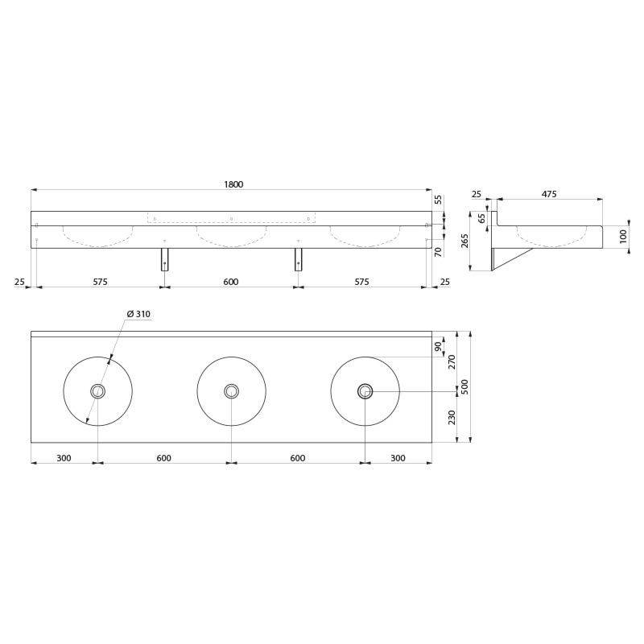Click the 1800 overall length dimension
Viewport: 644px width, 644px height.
click(x=233, y=184)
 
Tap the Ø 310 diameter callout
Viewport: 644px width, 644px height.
click(x=138, y=314)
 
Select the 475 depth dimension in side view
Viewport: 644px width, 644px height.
click(x=549, y=194)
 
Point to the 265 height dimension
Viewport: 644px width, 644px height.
click(x=464, y=241)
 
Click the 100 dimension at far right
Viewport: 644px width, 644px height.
click(x=623, y=237)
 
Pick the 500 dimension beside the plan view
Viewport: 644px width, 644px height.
click(x=464, y=386)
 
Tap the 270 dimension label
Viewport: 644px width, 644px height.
click(x=452, y=362)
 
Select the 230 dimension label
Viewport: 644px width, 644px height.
click(x=452, y=417)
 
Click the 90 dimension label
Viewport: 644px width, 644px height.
click(x=438, y=347)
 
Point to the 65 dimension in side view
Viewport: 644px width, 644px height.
click(x=482, y=217)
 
